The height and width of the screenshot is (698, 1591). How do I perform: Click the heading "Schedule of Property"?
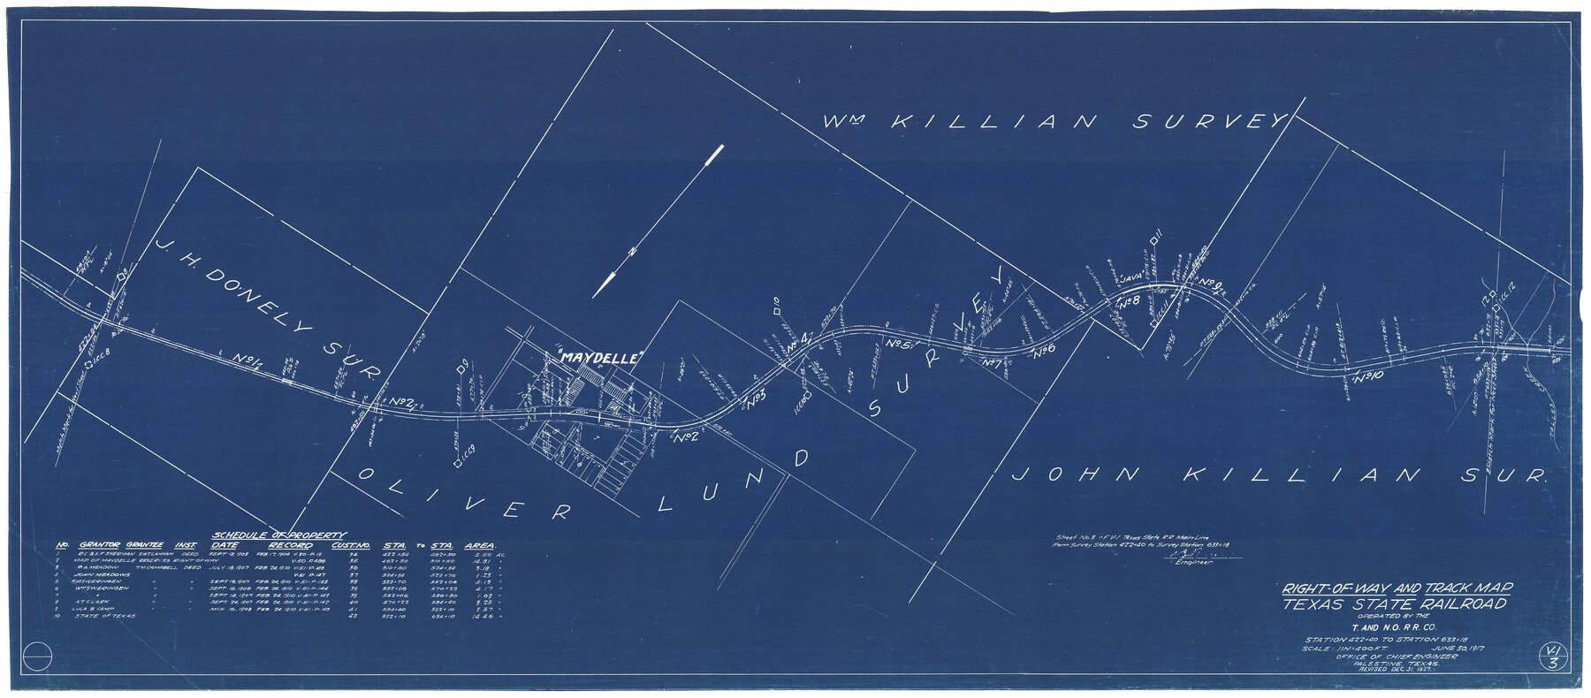pos(278,535)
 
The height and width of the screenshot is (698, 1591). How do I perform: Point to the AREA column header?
pos(478,546)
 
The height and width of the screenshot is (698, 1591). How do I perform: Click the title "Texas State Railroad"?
pos(1397,604)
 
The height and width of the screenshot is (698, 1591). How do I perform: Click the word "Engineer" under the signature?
pos(1193,562)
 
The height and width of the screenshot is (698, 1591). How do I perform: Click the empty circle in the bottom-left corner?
pos(39,658)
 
